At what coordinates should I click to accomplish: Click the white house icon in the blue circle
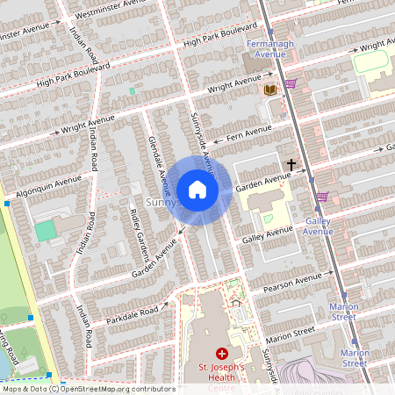click(x=197, y=190)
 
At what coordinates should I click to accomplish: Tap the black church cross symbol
click(x=290, y=164)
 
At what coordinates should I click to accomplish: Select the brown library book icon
click(x=269, y=90)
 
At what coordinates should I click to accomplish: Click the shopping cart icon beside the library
click(x=291, y=84)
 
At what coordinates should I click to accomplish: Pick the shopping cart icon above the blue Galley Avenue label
click(x=322, y=197)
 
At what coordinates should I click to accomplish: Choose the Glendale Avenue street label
click(x=160, y=165)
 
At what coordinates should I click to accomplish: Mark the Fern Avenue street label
click(x=248, y=133)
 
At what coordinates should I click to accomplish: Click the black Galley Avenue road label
click(x=267, y=234)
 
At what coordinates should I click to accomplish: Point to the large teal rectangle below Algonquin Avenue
click(x=45, y=231)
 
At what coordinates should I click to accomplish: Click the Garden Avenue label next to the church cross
click(x=262, y=179)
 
